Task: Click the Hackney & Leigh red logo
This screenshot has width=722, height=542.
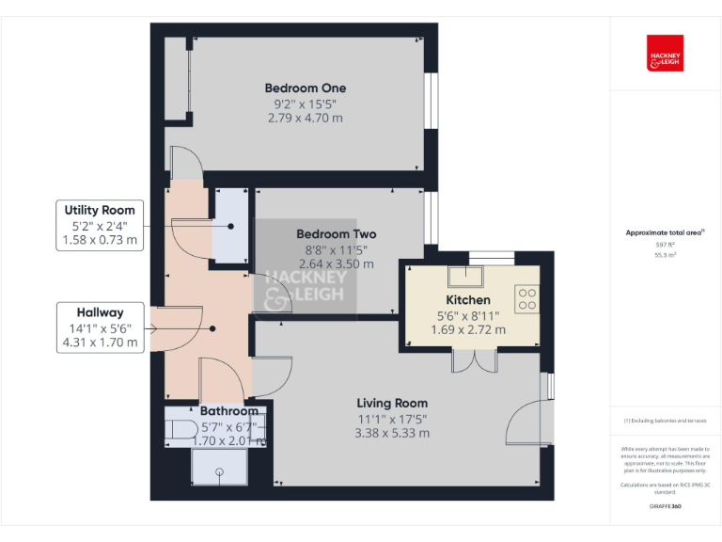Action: tap(665, 54)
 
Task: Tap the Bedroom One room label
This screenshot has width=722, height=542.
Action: tap(305, 88)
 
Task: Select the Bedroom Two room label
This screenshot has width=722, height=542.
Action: tap(336, 233)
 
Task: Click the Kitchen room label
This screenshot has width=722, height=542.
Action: tap(468, 300)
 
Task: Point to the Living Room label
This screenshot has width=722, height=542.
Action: tap(392, 403)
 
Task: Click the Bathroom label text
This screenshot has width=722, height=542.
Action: tap(228, 411)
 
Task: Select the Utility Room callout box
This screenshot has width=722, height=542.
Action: tap(100, 225)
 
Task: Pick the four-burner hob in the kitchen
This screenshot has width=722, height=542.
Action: tap(527, 299)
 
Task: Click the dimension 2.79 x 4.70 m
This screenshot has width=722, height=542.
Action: tap(305, 119)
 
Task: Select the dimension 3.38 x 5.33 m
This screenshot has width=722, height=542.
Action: tap(392, 433)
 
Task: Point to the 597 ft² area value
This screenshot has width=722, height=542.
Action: tap(665, 245)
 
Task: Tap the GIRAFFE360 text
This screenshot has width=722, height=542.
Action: tap(665, 506)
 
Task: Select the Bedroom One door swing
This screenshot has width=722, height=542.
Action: tap(185, 162)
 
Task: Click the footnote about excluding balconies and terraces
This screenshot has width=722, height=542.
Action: tap(665, 421)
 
